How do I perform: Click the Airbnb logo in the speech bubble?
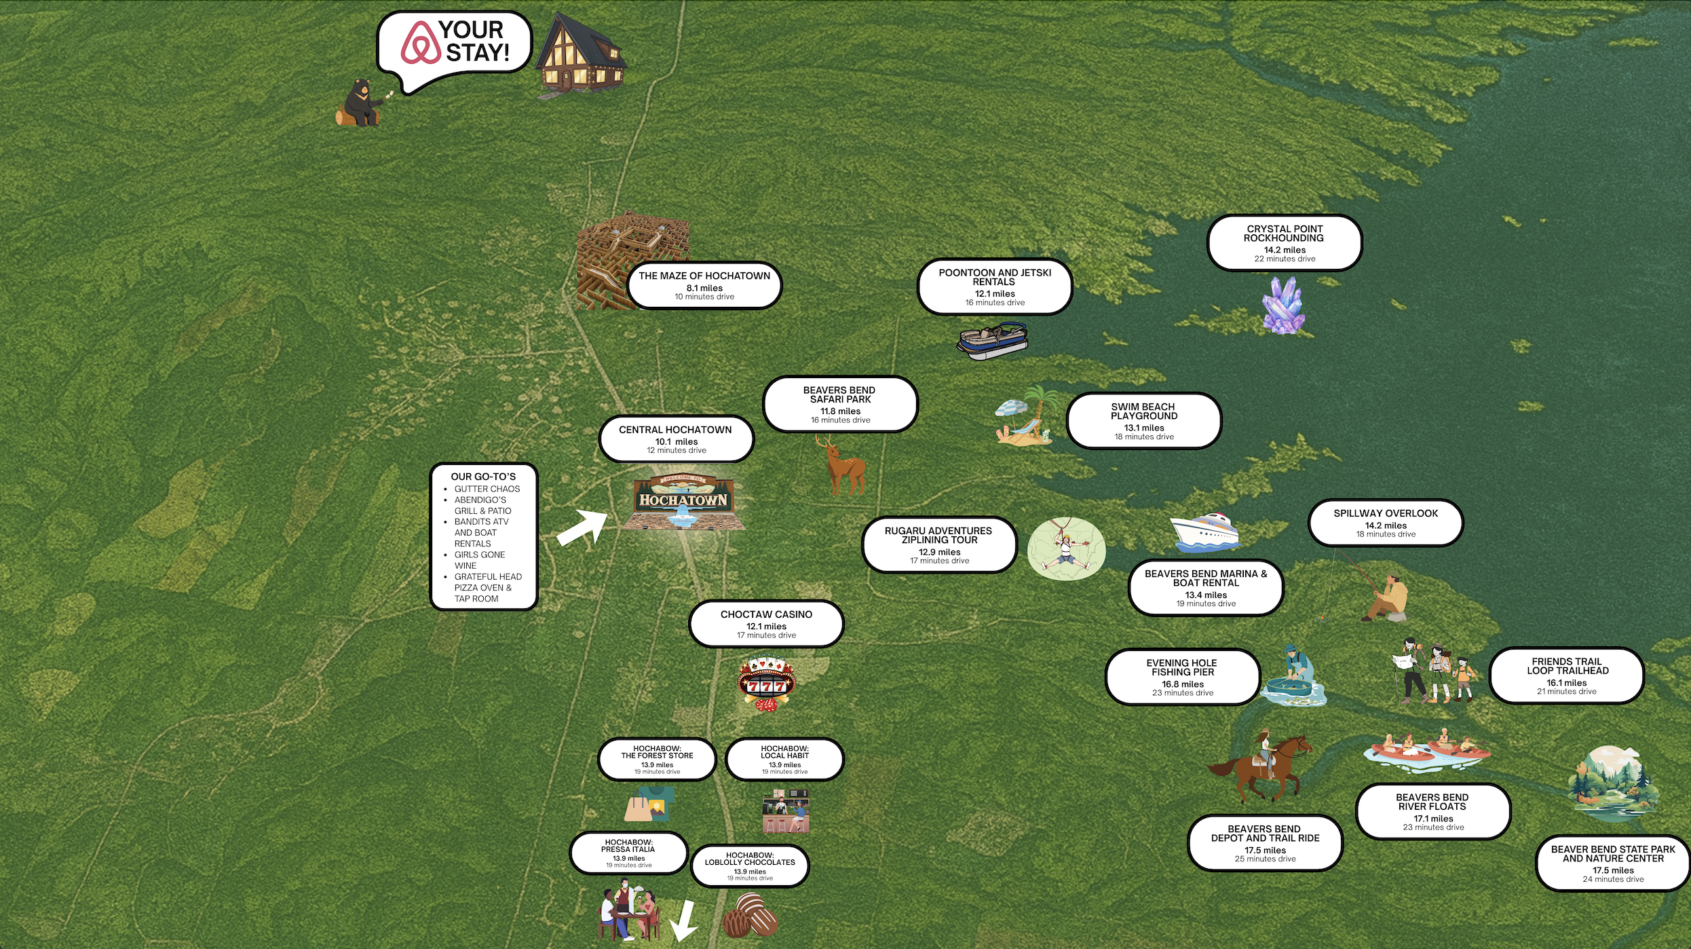click(421, 42)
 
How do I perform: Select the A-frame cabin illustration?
click(580, 54)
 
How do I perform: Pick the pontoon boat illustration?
click(992, 341)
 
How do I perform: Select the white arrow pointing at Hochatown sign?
click(582, 527)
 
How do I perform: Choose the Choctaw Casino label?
click(766, 623)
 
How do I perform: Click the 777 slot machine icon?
click(766, 683)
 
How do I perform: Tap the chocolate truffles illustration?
click(750, 915)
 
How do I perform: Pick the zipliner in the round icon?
click(1066, 548)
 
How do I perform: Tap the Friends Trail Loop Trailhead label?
click(1567, 675)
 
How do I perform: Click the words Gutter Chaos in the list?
click(487, 489)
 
